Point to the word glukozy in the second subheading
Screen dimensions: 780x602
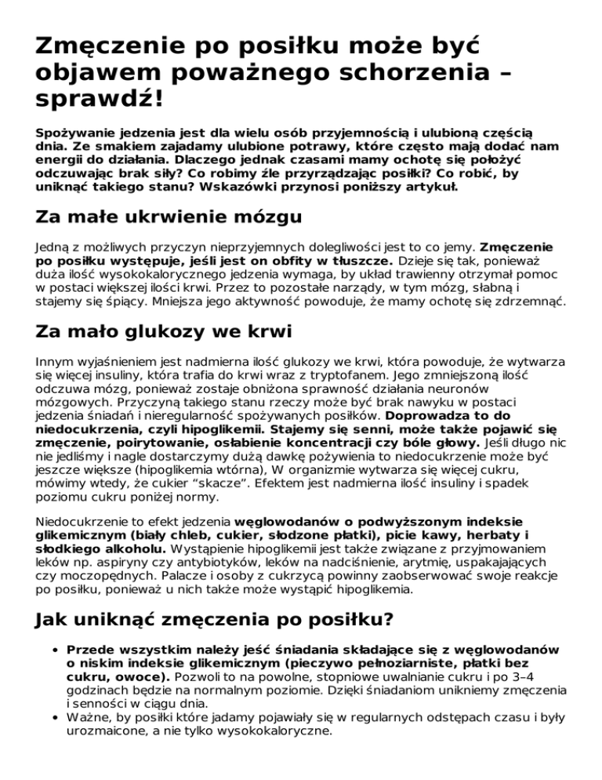[x=167, y=332]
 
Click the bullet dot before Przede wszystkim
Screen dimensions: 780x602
[x=51, y=650]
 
